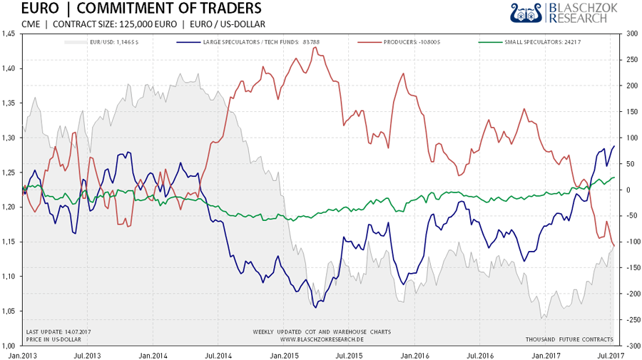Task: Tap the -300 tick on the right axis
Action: click(630, 345)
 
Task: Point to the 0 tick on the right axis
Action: click(627, 190)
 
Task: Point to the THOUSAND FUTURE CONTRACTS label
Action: click(569, 339)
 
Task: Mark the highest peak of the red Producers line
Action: click(314, 56)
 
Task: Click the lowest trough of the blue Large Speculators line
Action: click(315, 307)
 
